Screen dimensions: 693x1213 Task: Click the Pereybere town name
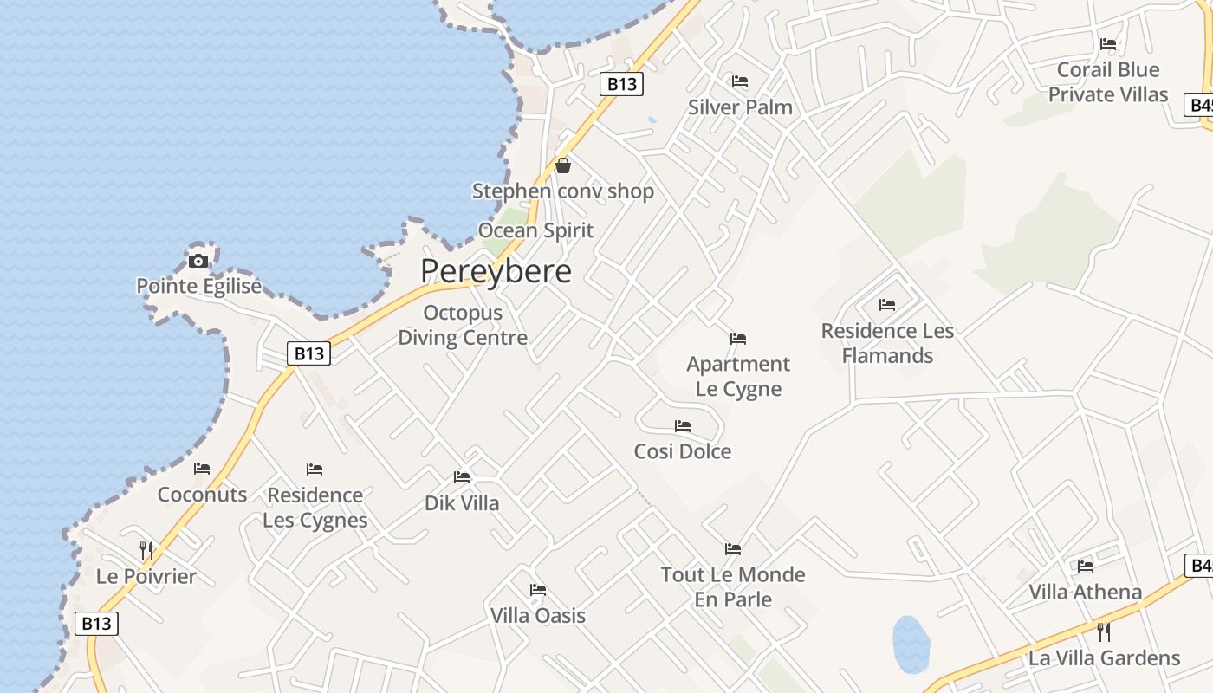tap(496, 271)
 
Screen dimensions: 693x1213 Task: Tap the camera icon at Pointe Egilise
tap(198, 261)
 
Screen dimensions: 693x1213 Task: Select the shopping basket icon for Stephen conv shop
tap(563, 165)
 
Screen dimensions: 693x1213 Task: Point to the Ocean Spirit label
tap(535, 230)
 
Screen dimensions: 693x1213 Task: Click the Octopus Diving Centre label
tap(463, 325)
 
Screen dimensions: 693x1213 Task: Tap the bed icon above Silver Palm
tap(740, 81)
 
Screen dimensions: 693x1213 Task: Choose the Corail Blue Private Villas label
tap(1108, 81)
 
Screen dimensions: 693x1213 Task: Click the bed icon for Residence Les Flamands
tap(887, 305)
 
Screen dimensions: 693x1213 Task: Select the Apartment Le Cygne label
tap(738, 376)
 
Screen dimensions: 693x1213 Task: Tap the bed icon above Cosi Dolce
tap(683, 426)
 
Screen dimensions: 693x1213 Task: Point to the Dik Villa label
tap(462, 502)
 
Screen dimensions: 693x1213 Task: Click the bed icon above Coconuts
tap(202, 469)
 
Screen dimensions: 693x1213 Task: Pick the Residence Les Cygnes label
tap(315, 508)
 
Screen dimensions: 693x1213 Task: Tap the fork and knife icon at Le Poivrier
tap(146, 550)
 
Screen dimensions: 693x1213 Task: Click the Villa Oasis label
tap(538, 616)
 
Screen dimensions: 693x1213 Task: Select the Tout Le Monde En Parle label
tap(733, 586)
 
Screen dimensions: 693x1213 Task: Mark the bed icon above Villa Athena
tap(1086, 567)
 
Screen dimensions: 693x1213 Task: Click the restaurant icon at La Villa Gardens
tap(1104, 631)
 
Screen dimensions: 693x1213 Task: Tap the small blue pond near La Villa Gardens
tap(911, 644)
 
